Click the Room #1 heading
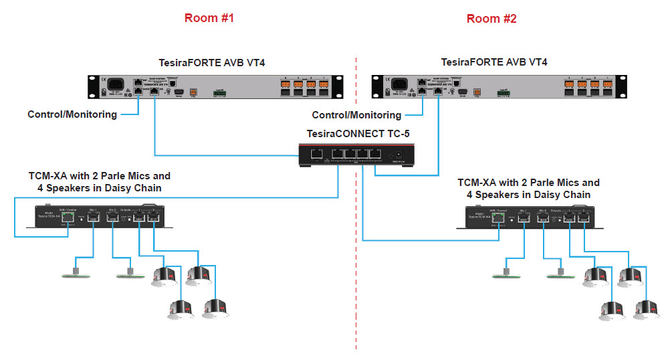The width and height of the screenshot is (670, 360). (209, 19)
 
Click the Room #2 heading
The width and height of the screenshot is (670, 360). (491, 19)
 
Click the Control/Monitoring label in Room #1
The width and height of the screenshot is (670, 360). (72, 114)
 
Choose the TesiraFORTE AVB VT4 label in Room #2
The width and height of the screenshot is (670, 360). (494, 62)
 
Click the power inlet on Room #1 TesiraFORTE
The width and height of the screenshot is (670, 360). (112, 86)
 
